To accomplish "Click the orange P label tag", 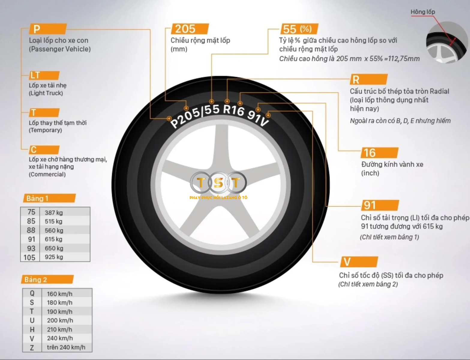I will click(x=47, y=29).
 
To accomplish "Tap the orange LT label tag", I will click(x=44, y=75).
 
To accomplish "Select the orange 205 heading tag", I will click(x=190, y=29).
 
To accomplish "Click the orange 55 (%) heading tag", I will click(x=299, y=29).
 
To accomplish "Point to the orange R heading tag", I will click(x=368, y=79).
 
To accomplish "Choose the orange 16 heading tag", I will click(x=379, y=153).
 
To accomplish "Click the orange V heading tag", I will click(x=359, y=262).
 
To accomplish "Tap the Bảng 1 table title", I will click(x=49, y=198).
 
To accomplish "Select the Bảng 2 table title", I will click(x=47, y=280).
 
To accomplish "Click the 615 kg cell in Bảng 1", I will click(x=54, y=239).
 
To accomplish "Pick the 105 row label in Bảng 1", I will click(x=30, y=257).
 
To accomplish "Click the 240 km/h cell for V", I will click(x=60, y=338).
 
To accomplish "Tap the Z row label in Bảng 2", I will click(x=32, y=348).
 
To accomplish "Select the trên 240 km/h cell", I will click(x=66, y=347).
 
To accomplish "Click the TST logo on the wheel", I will click(x=218, y=183).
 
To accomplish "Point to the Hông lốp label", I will click(x=423, y=12).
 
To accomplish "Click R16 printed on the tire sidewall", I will click(x=234, y=110).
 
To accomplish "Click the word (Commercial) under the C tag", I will click(x=47, y=174).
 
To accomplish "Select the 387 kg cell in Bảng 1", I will click(x=54, y=213).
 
